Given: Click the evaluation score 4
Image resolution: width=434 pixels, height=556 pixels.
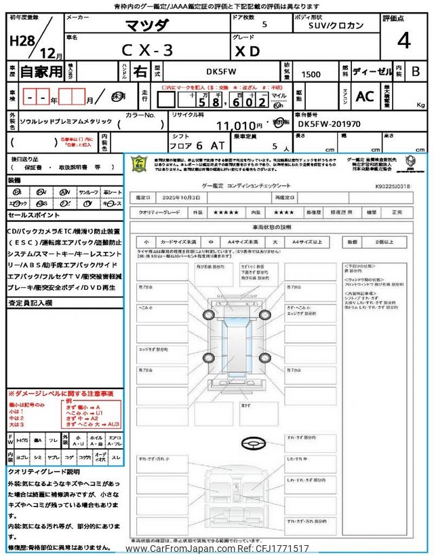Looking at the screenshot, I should pyautogui.click(x=403, y=41).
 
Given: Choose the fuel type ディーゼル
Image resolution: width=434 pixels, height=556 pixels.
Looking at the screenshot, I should pyautogui.click(x=371, y=71).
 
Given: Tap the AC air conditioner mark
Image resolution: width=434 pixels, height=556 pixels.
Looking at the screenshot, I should pyautogui.click(x=365, y=96).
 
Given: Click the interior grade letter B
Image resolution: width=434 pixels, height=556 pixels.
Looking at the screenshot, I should pyautogui.click(x=416, y=71).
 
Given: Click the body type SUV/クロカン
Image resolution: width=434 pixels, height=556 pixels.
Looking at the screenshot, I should pyautogui.click(x=333, y=26).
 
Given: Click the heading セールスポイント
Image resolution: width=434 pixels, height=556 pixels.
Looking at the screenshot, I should pyautogui.click(x=34, y=215).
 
